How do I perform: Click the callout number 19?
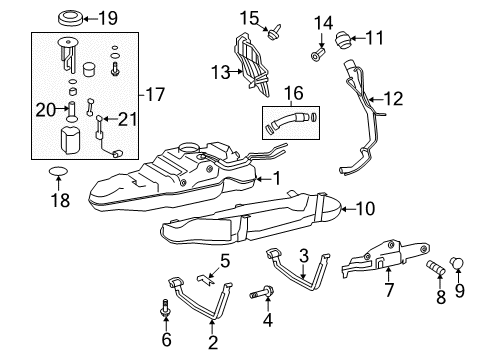107,17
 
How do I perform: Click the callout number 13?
221,70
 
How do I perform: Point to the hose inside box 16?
288,126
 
